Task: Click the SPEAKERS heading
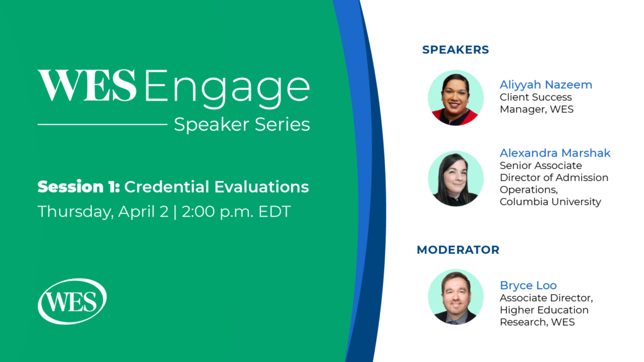(455, 50)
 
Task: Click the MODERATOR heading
(458, 250)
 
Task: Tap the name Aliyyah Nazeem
(546, 85)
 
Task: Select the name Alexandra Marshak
(555, 153)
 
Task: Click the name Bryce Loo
(528, 285)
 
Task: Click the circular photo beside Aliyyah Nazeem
(456, 97)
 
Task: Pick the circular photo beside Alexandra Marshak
(456, 178)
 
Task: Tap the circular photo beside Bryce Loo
(456, 297)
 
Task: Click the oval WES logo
(72, 302)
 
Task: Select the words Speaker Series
(242, 125)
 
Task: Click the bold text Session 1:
(79, 187)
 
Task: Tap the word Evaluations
(261, 187)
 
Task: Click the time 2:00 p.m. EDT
(236, 212)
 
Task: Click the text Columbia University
(550, 202)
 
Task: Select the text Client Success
(536, 97)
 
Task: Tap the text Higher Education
(544, 310)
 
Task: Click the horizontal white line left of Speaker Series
(103, 124)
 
